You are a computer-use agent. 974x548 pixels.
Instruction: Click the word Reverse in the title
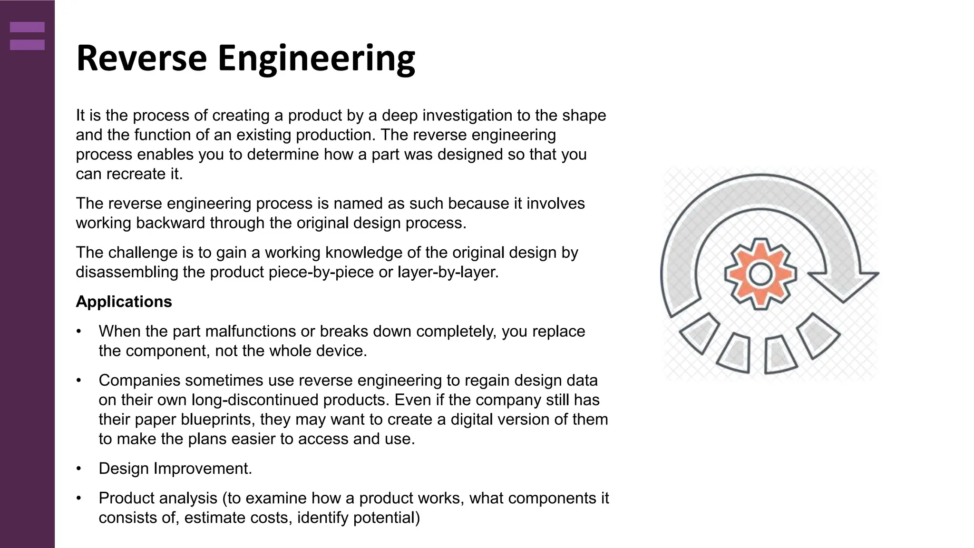[141, 59]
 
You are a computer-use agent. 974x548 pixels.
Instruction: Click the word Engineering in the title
[316, 59]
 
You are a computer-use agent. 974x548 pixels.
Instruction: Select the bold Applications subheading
[124, 302]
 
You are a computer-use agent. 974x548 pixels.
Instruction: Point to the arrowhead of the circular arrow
[844, 285]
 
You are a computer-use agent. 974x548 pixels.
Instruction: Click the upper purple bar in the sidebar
[27, 27]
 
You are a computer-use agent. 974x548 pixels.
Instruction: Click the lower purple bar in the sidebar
[27, 45]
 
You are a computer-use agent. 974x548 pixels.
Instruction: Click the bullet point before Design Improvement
[79, 469]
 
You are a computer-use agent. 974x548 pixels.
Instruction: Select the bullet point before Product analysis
[79, 499]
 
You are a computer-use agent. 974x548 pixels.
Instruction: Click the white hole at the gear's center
[760, 274]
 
